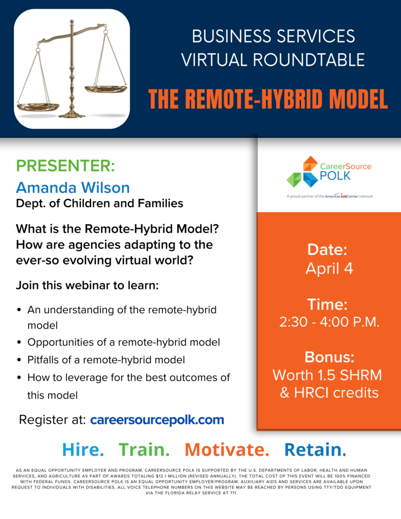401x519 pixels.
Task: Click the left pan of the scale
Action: click(x=38, y=107)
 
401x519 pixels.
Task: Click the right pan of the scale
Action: click(x=104, y=89)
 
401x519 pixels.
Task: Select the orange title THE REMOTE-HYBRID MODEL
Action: click(x=268, y=99)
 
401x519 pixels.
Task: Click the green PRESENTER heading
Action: click(x=66, y=166)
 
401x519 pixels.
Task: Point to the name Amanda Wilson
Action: click(x=72, y=188)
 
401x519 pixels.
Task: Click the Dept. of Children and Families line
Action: click(x=99, y=204)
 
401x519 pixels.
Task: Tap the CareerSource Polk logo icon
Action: click(x=303, y=172)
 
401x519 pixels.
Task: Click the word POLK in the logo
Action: click(x=336, y=176)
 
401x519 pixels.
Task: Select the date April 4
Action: click(x=329, y=269)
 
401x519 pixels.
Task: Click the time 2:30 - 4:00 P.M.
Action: click(x=329, y=322)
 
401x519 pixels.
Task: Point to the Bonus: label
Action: click(x=329, y=357)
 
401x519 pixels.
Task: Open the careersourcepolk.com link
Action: click(x=157, y=420)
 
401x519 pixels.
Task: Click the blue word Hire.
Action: click(x=83, y=450)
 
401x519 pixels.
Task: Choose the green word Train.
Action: click(x=144, y=450)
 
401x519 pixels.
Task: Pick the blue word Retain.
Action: click(x=315, y=450)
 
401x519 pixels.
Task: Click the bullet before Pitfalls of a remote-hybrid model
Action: click(x=19, y=360)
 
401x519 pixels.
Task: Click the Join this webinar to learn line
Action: click(x=87, y=285)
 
